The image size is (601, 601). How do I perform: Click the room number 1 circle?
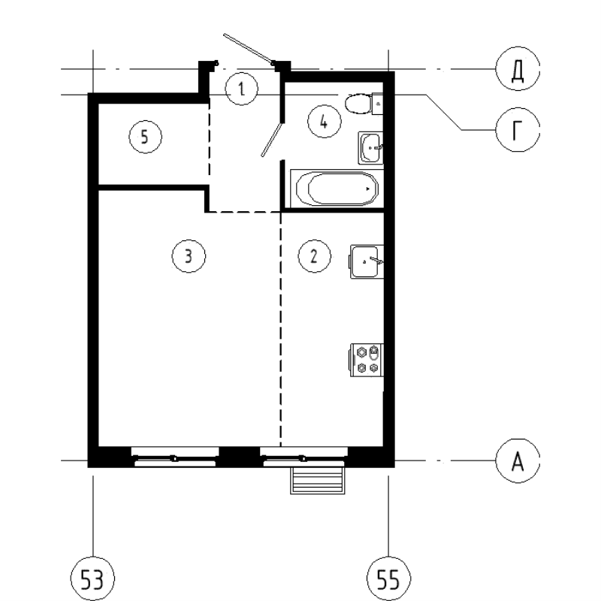[x=241, y=90]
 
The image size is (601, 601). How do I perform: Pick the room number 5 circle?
[x=145, y=137]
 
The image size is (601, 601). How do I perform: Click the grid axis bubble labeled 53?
[x=92, y=580]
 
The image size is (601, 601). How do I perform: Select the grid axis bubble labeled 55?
[x=387, y=580]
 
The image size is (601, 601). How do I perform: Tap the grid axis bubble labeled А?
[x=516, y=460]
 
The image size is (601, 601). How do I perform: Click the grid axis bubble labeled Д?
[x=516, y=71]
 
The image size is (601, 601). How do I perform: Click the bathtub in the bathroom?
[x=335, y=188]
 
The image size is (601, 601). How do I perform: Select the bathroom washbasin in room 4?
[x=371, y=146]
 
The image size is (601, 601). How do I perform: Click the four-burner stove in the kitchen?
[x=367, y=358]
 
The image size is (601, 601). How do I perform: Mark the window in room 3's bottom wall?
[x=174, y=457]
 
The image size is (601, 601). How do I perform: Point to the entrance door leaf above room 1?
[x=248, y=47]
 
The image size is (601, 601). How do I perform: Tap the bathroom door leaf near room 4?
[x=271, y=138]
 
